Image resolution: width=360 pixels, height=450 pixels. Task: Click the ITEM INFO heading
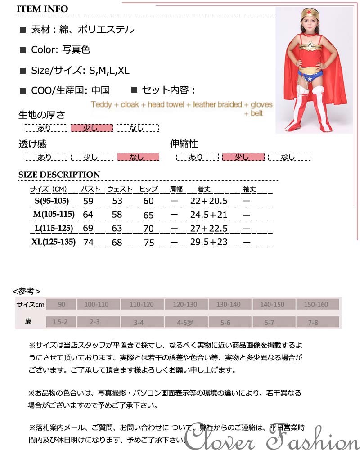43,9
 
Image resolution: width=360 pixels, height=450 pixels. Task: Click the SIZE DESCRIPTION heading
59,175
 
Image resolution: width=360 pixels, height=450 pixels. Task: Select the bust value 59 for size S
88,201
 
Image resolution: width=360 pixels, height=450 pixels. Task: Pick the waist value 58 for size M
117,215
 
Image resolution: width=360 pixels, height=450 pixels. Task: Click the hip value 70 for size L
148,229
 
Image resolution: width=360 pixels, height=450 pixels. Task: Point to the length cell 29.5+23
209,242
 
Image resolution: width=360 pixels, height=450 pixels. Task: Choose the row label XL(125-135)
54,242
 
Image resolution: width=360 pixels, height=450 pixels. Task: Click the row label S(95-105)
54,201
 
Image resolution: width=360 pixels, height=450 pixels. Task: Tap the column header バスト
90,189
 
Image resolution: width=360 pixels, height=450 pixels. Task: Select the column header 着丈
204,189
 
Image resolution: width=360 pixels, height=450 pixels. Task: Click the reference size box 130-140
229,305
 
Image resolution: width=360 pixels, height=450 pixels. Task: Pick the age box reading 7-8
316,322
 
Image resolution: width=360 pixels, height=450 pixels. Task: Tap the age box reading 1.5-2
60,322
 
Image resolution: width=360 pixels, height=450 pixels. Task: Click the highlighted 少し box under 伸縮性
243,157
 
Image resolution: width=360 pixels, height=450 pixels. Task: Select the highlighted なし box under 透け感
138,157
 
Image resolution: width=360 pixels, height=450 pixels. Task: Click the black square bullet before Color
22,50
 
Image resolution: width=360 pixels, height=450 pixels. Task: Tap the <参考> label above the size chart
27,291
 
